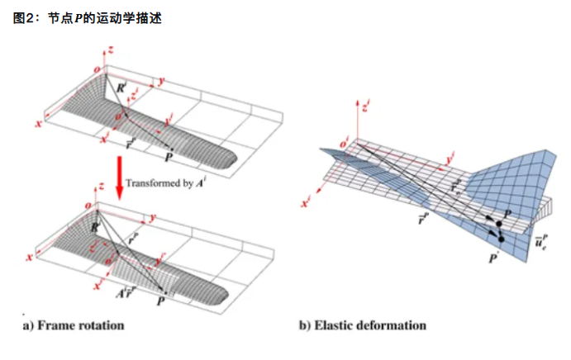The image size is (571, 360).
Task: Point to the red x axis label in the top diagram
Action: pyautogui.click(x=38, y=123)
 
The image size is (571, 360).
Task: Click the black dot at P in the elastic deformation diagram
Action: pyautogui.click(x=500, y=225)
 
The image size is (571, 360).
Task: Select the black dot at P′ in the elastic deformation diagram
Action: pyautogui.click(x=501, y=239)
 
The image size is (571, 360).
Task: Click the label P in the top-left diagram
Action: pyautogui.click(x=169, y=157)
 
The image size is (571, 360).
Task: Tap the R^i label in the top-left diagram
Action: pyautogui.click(x=121, y=86)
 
